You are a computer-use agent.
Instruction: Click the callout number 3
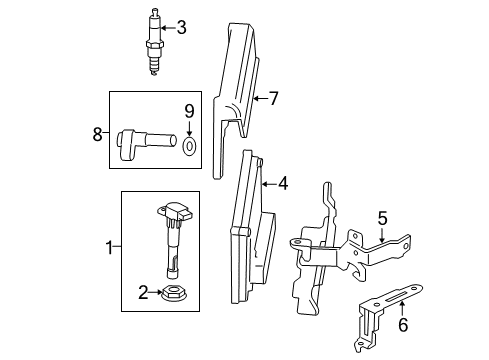181,27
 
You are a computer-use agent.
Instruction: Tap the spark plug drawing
154,42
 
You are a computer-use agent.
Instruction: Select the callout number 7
273,98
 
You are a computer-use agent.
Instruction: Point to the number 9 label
189,111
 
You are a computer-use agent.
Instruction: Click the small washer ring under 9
189,146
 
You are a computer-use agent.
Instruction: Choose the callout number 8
97,135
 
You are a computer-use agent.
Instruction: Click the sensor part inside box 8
147,145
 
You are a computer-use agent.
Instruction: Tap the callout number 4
283,184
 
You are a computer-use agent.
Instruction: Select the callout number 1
109,247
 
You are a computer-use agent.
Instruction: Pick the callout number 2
143,292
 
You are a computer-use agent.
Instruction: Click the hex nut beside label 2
173,293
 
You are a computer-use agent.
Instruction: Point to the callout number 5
383,218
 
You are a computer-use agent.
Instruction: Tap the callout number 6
403,325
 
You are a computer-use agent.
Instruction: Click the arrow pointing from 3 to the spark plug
168,28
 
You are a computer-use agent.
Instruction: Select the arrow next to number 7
260,99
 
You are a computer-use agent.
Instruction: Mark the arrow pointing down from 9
189,128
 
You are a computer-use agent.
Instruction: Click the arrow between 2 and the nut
156,292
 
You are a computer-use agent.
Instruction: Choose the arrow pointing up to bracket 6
402,308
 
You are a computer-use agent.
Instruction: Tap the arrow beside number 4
269,184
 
